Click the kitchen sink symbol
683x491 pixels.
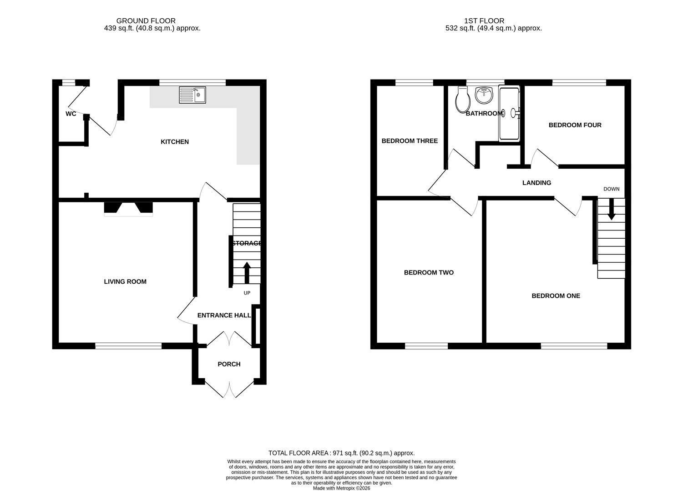pos(192,95)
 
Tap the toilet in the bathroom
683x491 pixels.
pos(462,100)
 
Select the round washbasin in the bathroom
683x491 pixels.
pos(484,95)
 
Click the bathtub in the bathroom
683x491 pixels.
pos(509,114)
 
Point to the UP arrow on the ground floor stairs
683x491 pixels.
pos(247,273)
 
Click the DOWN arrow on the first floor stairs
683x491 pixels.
pos(611,210)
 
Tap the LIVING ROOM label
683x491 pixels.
pos(125,282)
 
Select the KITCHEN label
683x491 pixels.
pos(175,142)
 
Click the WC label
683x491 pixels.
pos(71,114)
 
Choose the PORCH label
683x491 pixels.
pos(229,364)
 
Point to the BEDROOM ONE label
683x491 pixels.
pos(556,296)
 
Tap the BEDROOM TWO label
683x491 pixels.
pos(429,273)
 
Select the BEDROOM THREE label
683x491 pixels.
pos(410,141)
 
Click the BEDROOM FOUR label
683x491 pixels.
pos(575,125)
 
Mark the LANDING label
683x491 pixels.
pos(536,183)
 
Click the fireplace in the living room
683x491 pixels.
pos(128,209)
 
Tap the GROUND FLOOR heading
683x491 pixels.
pos(146,21)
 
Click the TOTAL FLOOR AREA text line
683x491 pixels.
pos(341,453)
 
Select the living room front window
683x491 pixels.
pos(128,346)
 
